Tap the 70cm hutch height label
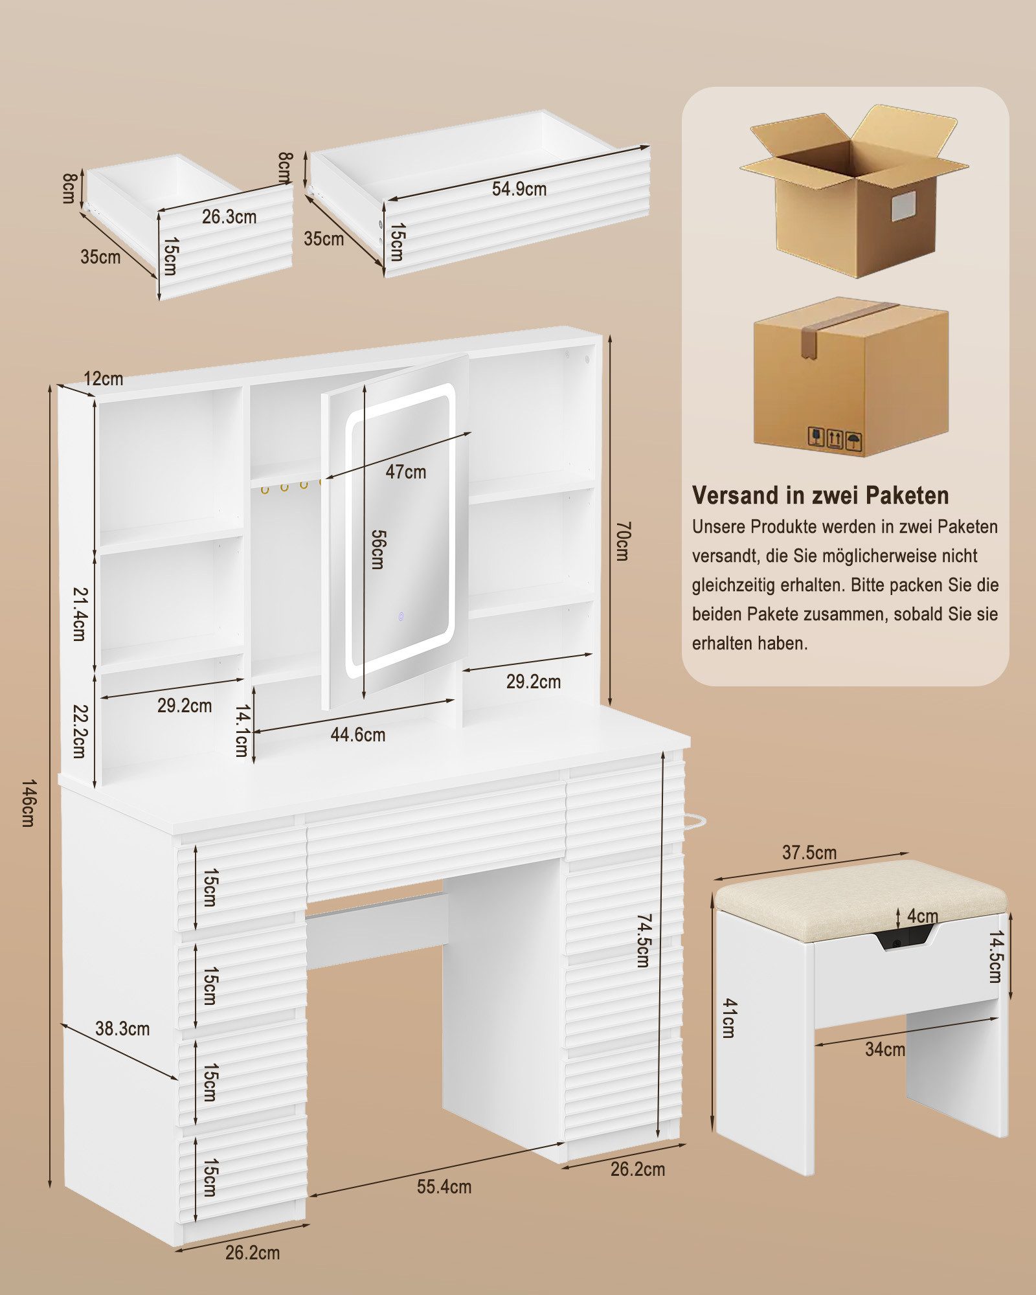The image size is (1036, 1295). tap(622, 541)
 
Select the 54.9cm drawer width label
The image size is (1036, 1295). tap(519, 189)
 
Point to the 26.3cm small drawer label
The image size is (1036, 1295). tap(229, 217)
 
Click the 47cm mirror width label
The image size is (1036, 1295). tap(406, 472)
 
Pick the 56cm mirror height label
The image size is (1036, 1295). tap(377, 549)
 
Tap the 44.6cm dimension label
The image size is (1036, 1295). tap(358, 735)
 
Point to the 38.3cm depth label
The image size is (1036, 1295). tap(122, 1028)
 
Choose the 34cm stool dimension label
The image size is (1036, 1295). tap(885, 1050)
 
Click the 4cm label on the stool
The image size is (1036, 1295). tap(923, 916)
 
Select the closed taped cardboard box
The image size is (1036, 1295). tap(851, 377)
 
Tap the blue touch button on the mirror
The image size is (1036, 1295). tap(401, 616)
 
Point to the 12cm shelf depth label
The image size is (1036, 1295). tap(103, 378)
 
